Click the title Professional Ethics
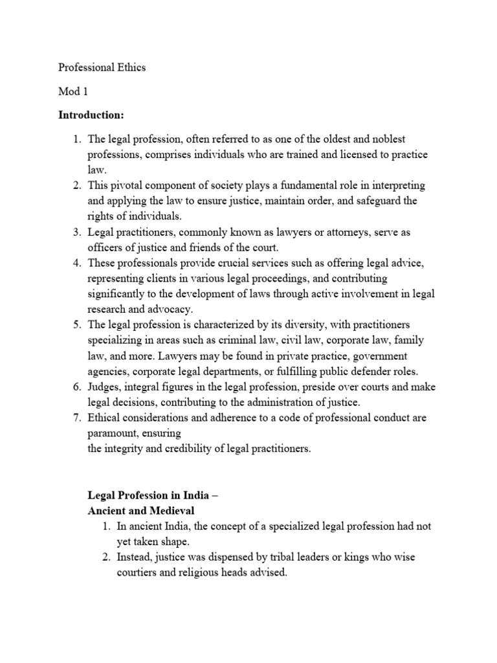[102, 68]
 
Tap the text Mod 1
[72, 91]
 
